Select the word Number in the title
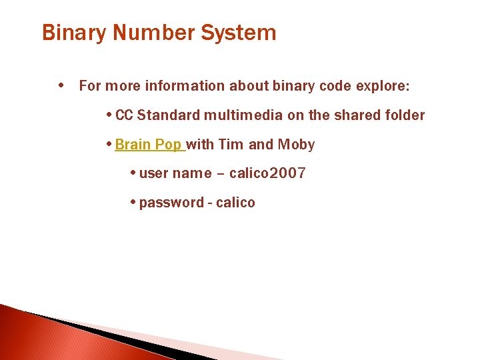point(137,33)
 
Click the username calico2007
point(267,174)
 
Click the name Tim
point(231,145)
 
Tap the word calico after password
point(235,203)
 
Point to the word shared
point(357,115)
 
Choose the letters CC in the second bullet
point(124,115)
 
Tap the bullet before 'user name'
point(133,173)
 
